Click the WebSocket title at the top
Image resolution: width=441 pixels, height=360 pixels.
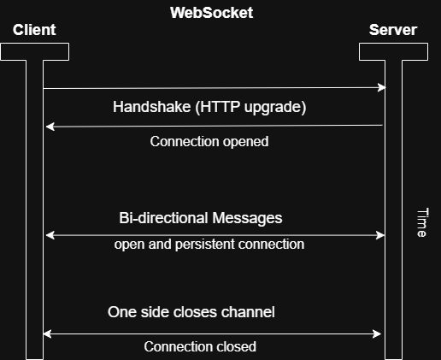coord(211,13)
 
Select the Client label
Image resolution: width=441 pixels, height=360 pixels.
coord(34,30)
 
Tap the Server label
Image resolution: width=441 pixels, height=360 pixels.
coord(392,30)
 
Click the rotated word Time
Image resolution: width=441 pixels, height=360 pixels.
coord(420,221)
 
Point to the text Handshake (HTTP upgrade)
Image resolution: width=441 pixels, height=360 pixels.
coord(209,108)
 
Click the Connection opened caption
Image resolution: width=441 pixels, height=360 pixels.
coord(209,141)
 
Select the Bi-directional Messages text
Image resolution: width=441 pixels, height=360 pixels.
coord(201,218)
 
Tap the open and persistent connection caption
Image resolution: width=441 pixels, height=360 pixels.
coord(209,245)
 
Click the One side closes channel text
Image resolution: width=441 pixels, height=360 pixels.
coord(191,312)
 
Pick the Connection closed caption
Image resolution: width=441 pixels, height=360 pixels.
coord(200,346)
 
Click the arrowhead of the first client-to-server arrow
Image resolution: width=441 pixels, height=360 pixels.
coord(382,87)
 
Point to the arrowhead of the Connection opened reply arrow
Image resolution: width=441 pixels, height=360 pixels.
coord(50,127)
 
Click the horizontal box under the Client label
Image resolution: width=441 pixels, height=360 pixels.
coord(34,51)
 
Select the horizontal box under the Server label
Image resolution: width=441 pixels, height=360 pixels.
coord(393,51)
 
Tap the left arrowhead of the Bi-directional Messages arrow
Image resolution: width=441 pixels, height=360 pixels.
coord(49,234)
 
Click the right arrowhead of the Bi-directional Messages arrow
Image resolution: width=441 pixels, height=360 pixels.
coord(381,234)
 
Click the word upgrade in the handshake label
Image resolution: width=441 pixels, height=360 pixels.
coord(273,108)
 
